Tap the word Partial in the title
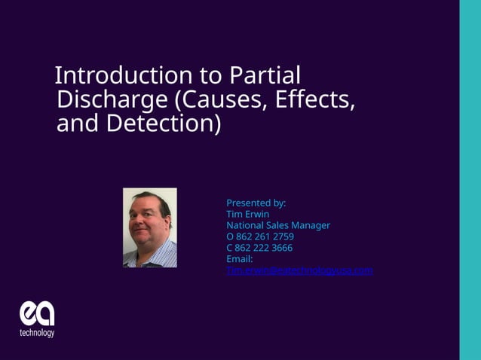point(265,75)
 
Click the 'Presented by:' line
point(256,203)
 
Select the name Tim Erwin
point(247,214)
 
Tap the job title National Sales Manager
point(277,225)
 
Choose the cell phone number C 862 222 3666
point(259,248)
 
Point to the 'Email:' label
point(239,259)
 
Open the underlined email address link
point(299,270)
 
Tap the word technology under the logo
point(37,332)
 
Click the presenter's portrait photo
point(149,227)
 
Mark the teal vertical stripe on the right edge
point(470,180)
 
